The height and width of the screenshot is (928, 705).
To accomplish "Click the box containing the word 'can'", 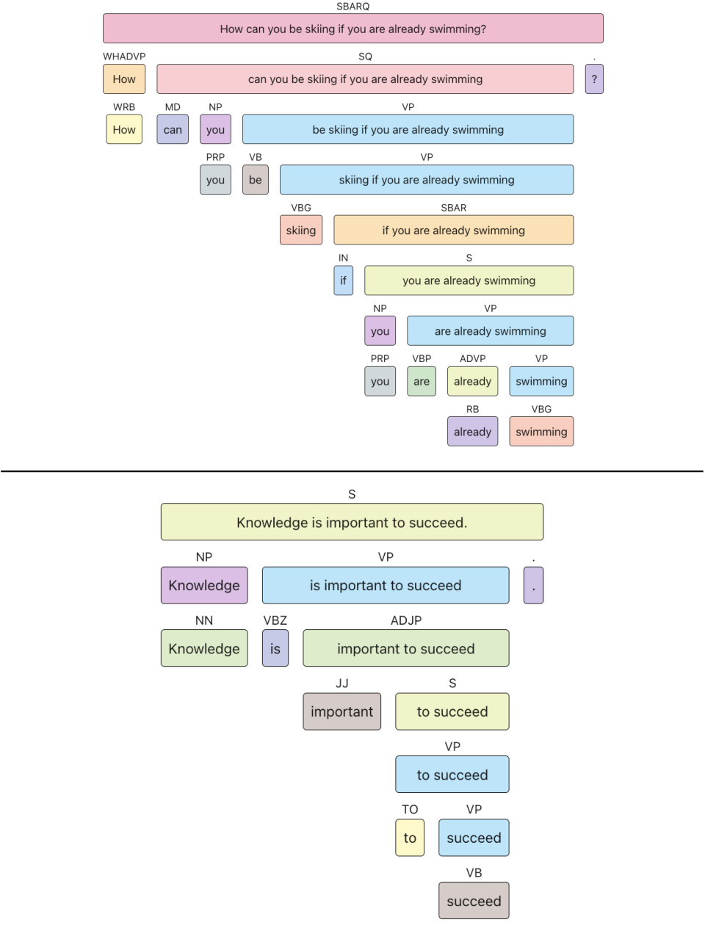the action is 173,129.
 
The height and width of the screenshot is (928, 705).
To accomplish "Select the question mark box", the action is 594,79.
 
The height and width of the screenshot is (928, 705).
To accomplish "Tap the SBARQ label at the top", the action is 352,7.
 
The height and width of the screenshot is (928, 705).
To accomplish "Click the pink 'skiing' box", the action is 300,230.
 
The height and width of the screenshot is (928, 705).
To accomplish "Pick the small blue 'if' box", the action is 344,280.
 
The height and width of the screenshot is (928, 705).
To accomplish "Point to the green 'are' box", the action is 422,381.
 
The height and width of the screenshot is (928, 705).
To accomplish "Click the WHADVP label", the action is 124,57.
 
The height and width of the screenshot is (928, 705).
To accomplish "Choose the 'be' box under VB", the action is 256,180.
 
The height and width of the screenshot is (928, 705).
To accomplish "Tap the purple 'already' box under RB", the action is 472,432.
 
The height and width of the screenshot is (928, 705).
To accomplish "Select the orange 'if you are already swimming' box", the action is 454,230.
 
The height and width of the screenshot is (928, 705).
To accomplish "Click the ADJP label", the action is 406,620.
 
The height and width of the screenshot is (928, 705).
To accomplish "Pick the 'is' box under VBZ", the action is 275,648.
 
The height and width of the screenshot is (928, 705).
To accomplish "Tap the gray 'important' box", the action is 341,711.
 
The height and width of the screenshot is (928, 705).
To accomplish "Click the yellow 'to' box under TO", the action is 410,838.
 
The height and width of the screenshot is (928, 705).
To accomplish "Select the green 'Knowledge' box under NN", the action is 204,648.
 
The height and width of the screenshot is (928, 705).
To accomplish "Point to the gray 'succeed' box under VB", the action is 474,901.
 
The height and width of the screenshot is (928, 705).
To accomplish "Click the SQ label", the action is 365,57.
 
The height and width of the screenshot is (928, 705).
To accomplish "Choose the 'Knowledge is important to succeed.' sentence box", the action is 352,522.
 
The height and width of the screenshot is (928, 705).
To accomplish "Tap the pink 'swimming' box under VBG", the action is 541,432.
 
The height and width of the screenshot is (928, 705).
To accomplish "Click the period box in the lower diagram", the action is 533,585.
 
